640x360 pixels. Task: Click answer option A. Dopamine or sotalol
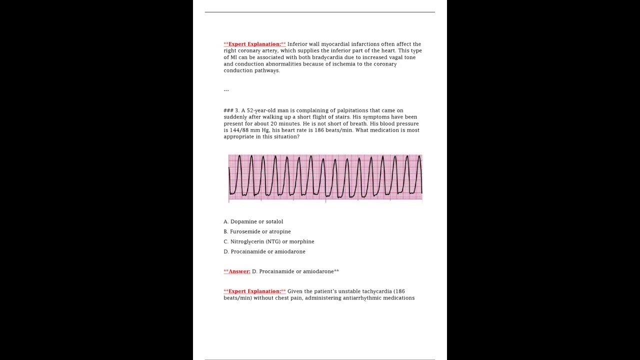click(253, 221)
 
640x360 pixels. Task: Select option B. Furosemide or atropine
click(257, 231)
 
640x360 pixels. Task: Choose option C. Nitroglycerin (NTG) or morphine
click(269, 241)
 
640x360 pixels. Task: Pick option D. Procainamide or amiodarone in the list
click(264, 251)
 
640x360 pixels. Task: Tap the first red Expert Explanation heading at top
click(255, 44)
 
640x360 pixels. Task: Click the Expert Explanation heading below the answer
click(255, 291)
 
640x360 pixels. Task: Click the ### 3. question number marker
click(231, 110)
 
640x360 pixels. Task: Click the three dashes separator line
click(226, 90)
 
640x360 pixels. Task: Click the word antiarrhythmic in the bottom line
click(363, 298)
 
